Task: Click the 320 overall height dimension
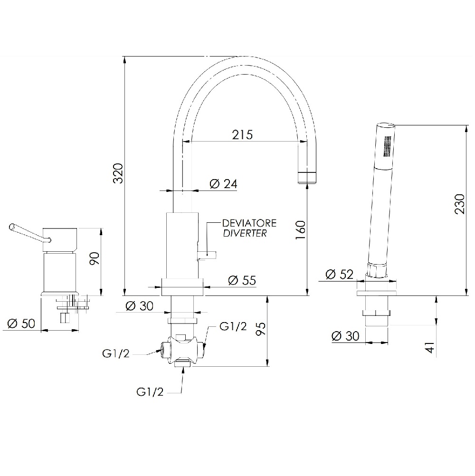118,173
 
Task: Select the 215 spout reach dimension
242,134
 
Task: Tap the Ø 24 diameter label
223,184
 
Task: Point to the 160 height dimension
300,230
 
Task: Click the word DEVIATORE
249,223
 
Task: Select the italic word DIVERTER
245,233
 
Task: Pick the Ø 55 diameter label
242,280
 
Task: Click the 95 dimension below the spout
261,329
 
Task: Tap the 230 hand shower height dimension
460,204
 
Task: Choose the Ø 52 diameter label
339,275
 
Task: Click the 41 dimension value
430,347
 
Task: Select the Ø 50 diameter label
21,324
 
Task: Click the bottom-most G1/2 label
150,391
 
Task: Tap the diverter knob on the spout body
207,255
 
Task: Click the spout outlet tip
307,178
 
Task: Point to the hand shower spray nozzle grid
388,146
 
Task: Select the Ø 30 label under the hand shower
345,336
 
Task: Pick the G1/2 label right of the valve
233,326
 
